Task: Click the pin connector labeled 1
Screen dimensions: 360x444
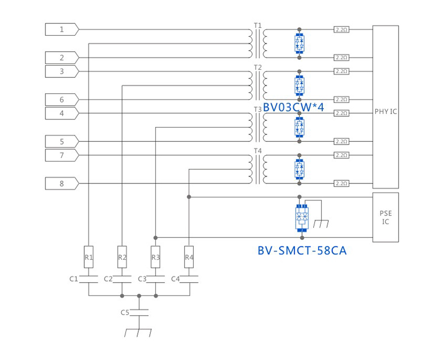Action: (x=62, y=29)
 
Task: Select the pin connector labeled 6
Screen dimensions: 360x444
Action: (x=62, y=100)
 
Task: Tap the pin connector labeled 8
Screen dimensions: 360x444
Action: (x=62, y=184)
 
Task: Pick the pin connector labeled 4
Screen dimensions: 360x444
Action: (x=62, y=114)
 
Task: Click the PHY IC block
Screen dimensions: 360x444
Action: (x=385, y=107)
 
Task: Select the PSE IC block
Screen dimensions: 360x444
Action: (x=385, y=218)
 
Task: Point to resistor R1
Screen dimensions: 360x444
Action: (x=89, y=257)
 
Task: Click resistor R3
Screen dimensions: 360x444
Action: (x=155, y=257)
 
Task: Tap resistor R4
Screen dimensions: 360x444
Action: (x=189, y=257)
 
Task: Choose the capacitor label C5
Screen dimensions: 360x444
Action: (x=125, y=313)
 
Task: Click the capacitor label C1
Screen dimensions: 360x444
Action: (x=74, y=279)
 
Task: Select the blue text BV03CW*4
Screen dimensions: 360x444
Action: (x=294, y=107)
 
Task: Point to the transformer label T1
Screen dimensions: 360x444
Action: (x=258, y=25)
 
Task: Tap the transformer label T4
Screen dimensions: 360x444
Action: (x=258, y=151)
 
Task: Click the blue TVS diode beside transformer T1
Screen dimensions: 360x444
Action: (x=299, y=43)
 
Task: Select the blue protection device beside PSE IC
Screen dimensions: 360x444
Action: (x=302, y=218)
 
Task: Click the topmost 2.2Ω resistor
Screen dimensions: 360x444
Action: (x=342, y=29)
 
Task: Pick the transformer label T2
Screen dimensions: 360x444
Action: (x=258, y=67)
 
